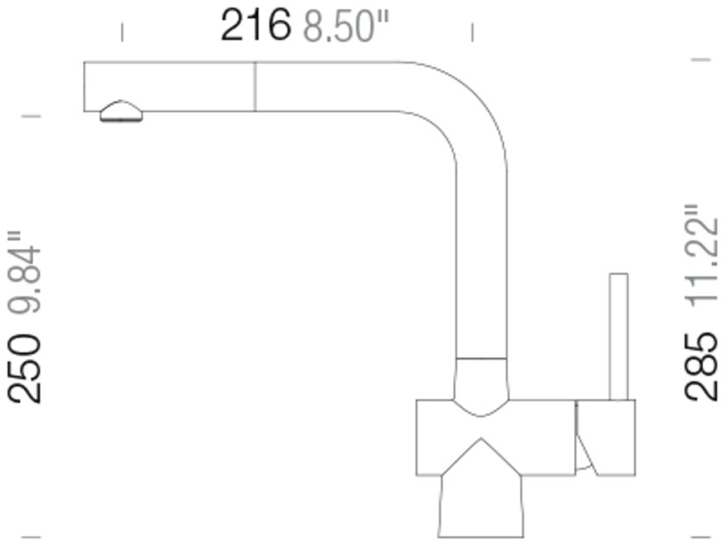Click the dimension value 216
pos(256,25)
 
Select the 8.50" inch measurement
pos(346,27)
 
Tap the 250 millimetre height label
pos(24,369)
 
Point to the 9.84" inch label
pos(24,272)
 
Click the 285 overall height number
pos(701,366)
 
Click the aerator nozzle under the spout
pos(121,111)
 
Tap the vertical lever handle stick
pos(618,336)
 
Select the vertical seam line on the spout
pos(255,86)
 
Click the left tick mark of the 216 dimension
pos(122,32)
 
